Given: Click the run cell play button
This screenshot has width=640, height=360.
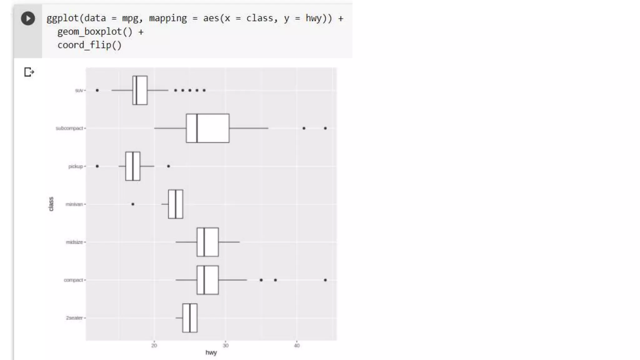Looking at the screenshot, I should (28, 18).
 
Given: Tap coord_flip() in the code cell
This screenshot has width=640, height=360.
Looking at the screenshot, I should (89, 45).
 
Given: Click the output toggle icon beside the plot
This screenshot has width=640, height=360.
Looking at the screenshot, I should (29, 72).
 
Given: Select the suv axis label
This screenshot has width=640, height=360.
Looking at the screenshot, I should (79, 90).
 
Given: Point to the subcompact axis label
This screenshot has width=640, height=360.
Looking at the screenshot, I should (69, 128).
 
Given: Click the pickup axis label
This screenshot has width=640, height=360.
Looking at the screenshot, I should (76, 166).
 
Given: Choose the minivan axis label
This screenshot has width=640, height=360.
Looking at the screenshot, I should (74, 204).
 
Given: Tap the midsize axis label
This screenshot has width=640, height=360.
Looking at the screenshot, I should (74, 242).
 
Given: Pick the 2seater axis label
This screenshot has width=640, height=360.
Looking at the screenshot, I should (74, 318).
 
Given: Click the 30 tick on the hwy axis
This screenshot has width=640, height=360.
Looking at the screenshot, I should (225, 345).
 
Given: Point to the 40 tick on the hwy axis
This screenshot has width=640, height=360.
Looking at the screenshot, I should (297, 345).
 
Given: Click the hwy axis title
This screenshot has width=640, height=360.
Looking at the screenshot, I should (211, 352).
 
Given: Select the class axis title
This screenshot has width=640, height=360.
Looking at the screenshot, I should (51, 204).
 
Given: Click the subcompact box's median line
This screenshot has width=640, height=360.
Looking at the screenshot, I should (197, 128).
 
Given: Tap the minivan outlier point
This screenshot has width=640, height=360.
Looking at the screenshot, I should (133, 204).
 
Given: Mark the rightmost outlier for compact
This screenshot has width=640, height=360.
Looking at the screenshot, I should (325, 280).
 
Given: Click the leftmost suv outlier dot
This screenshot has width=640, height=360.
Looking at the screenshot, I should (97, 90).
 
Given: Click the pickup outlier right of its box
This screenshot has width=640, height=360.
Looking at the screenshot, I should (168, 166).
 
